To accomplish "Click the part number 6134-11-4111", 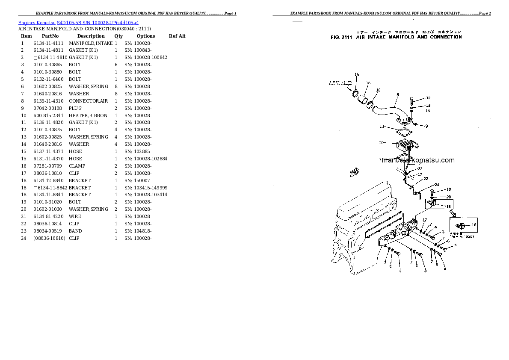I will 48,43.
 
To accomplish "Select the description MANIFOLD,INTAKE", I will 91,43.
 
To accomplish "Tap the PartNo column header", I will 50,36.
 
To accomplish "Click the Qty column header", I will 118,36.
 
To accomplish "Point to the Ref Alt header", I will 177,36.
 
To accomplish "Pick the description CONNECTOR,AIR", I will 89,101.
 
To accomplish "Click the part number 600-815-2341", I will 48,115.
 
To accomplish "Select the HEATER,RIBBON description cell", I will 88,115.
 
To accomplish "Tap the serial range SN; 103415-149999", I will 146,188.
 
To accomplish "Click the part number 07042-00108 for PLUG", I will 48,108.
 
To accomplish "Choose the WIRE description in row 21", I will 75,216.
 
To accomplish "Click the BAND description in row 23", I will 75,231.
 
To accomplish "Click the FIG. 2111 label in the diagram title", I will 341,37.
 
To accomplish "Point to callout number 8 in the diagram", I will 397,94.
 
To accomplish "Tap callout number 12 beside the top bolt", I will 428,98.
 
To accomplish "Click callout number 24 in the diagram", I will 437,185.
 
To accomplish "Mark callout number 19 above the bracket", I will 448,189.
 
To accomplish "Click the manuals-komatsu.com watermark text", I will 417,160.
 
